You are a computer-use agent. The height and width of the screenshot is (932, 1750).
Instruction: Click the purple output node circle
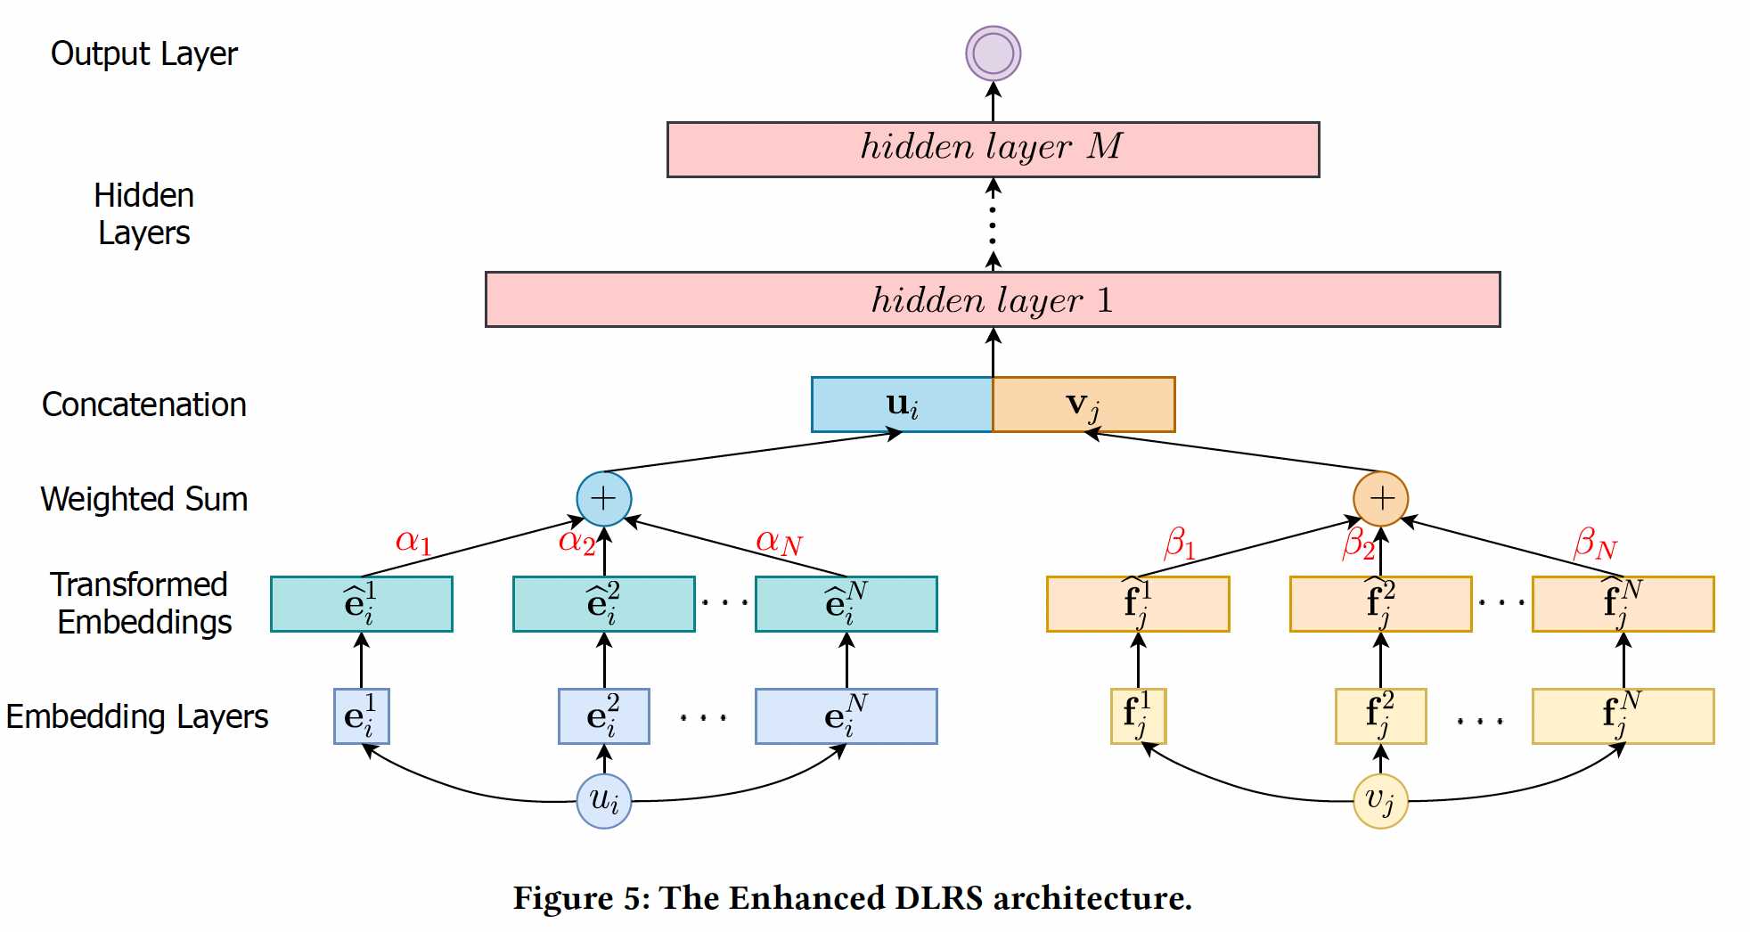pos(993,53)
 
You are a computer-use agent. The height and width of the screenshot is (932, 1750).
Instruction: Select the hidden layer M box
pos(993,150)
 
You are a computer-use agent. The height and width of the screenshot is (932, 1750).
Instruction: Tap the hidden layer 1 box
pos(993,299)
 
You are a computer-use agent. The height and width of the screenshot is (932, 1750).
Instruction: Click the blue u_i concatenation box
pos(902,405)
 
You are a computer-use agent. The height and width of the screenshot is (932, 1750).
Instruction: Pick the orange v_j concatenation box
pos(1084,405)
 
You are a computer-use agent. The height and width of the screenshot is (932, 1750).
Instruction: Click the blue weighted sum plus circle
pos(604,498)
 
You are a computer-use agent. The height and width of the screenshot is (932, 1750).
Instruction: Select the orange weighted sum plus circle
pos(1380,498)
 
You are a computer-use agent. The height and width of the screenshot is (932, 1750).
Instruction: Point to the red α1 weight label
pos(413,541)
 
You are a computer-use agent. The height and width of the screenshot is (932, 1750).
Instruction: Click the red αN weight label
pos(779,542)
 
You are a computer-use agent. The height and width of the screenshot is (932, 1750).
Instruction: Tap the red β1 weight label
pos(1179,543)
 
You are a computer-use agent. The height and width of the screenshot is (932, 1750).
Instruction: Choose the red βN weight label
pos(1595,544)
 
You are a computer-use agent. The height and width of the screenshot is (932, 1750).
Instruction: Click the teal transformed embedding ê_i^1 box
pos(362,604)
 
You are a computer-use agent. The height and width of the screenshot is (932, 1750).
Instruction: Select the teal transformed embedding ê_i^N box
pos(846,604)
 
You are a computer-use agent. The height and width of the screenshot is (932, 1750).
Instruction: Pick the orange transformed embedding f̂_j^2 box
pos(1380,604)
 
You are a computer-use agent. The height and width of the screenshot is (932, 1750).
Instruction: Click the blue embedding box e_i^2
pos(604,716)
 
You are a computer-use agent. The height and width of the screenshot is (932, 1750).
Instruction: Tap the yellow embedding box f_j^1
pos(1138,716)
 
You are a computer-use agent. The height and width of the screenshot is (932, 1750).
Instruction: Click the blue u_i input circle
pos(604,801)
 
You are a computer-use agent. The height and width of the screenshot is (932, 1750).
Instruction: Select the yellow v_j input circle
pos(1380,801)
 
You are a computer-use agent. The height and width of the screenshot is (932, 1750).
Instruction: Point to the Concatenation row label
pos(144,405)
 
